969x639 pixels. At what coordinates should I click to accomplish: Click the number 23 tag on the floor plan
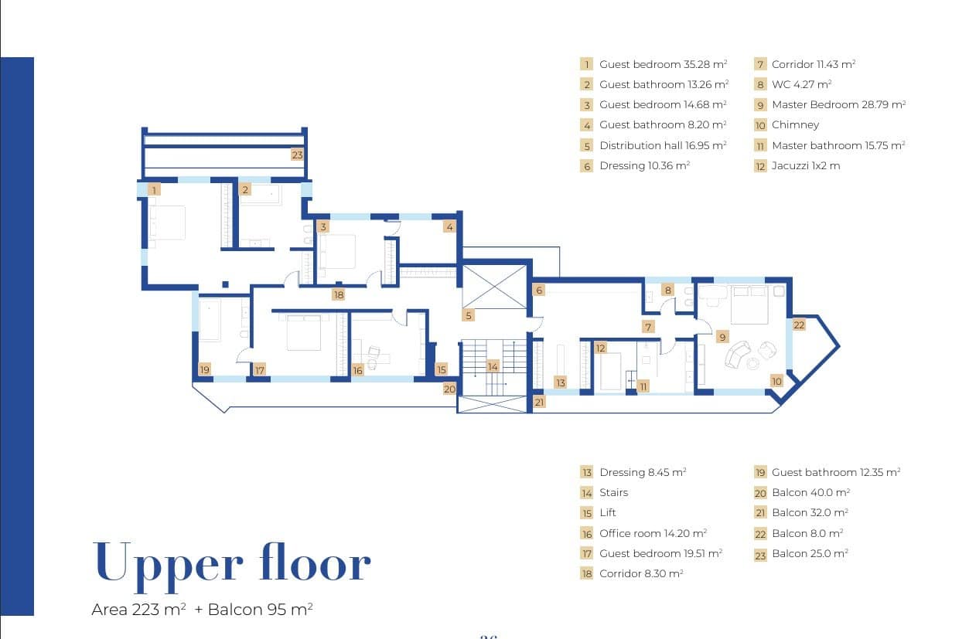(297, 155)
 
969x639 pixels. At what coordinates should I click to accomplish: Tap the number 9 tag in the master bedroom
(722, 337)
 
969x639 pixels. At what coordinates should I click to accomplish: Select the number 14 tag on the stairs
(493, 366)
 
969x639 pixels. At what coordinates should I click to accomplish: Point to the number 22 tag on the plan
(799, 325)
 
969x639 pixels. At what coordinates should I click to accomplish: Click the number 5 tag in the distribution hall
(469, 315)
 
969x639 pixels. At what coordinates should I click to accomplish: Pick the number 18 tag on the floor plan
(339, 295)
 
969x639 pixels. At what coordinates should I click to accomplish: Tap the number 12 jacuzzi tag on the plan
(601, 348)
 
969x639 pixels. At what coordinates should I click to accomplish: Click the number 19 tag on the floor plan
(205, 369)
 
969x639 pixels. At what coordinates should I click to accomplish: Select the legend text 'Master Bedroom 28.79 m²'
(839, 104)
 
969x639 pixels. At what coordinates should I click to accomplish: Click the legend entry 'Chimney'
(796, 125)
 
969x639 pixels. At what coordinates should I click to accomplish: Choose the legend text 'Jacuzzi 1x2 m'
(806, 165)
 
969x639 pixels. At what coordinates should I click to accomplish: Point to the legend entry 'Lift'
(608, 513)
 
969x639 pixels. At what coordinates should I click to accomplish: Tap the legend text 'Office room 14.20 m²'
(653, 533)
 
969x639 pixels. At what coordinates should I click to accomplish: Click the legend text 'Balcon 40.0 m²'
(811, 492)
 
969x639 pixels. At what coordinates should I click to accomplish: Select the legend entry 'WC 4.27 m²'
(802, 84)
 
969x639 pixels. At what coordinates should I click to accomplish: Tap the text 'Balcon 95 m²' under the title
(261, 610)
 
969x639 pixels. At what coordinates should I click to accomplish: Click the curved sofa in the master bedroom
(737, 355)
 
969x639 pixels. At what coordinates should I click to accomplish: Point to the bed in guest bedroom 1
(167, 223)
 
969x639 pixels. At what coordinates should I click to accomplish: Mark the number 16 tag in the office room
(358, 370)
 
